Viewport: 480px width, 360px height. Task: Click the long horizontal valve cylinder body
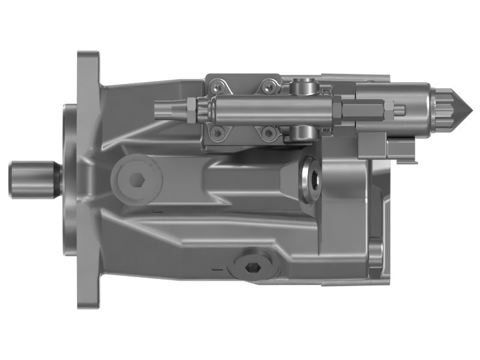coord(270,109)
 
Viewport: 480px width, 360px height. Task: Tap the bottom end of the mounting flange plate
coord(88,294)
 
